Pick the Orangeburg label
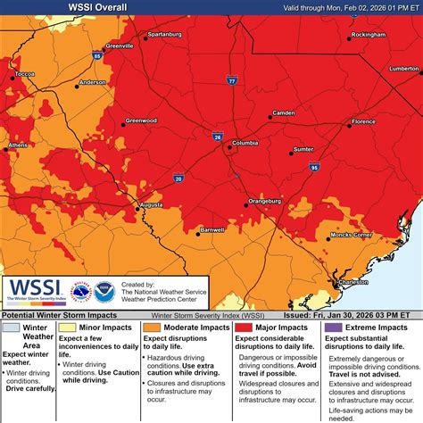pos(265,201)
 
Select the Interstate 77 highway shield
pos(231,80)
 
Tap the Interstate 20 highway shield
pos(178,178)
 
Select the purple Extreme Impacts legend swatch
pos(329,328)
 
